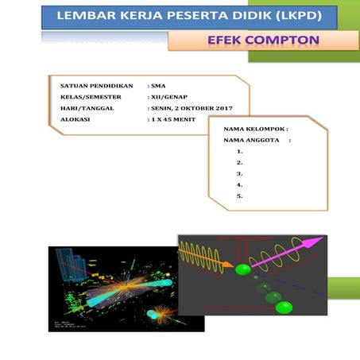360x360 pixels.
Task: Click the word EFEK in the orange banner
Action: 226,39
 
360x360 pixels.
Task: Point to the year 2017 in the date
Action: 233,107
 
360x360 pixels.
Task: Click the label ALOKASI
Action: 75,118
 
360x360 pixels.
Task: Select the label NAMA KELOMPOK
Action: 254,128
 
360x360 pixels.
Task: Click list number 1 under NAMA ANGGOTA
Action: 240,151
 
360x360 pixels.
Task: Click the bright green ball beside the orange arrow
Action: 243,269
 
